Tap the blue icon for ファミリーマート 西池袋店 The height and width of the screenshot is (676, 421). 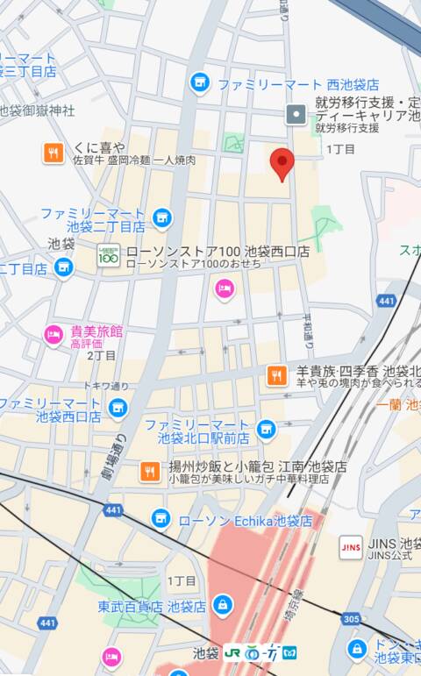200,82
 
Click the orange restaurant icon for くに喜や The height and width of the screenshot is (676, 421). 54,153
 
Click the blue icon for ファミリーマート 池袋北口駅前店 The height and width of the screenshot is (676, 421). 267,430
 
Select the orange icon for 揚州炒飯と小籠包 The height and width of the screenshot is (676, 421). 151,473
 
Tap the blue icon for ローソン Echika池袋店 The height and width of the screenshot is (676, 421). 160,519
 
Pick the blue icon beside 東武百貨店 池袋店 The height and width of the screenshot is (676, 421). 224,605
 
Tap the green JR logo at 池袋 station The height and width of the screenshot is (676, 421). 233,653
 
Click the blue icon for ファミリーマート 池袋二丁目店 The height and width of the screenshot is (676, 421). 161,217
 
